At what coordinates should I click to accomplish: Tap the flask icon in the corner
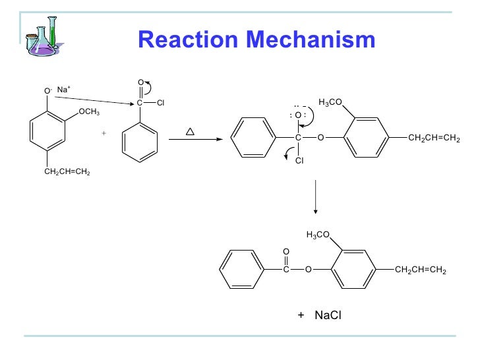click(x=42, y=35)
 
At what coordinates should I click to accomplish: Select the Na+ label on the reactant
click(x=63, y=89)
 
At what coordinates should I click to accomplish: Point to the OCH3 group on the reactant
click(x=89, y=112)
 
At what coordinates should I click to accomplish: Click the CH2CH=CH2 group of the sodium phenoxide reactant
click(x=67, y=173)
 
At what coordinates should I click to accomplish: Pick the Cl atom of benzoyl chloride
click(x=160, y=103)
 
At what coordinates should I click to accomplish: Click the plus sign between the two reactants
click(x=104, y=133)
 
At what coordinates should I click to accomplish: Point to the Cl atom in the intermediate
click(x=299, y=160)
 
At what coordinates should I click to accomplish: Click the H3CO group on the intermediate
click(x=330, y=102)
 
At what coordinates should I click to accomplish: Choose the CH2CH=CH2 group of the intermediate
click(x=434, y=138)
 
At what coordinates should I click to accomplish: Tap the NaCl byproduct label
click(x=328, y=316)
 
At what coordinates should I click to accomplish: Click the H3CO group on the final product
click(x=318, y=235)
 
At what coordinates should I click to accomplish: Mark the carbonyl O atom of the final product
click(x=286, y=252)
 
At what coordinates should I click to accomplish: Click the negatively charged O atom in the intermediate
click(x=298, y=115)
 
